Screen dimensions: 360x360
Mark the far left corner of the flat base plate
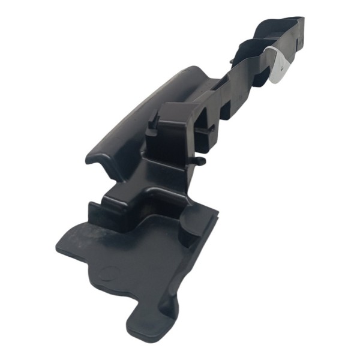click(59, 247)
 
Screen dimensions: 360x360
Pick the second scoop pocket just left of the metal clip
click(252, 51)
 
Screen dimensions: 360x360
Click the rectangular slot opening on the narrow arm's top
click(227, 108)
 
